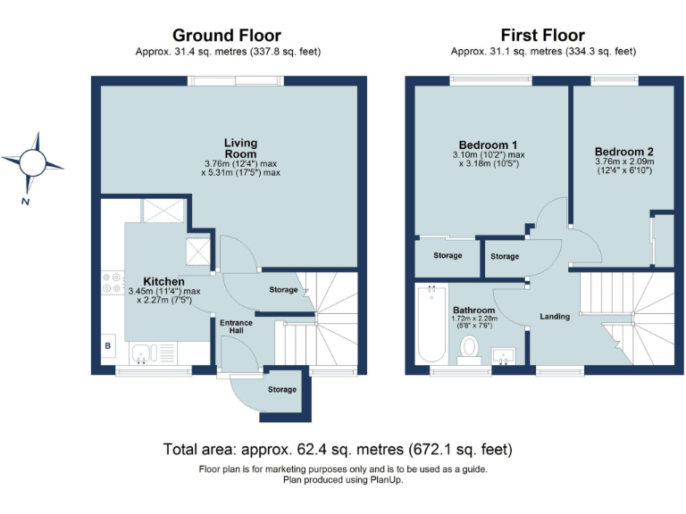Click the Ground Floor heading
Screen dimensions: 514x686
227,36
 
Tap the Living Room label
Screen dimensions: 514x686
240,148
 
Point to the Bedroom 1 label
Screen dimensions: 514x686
488,145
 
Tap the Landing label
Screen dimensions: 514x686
555,316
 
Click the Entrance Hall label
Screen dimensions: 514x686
236,326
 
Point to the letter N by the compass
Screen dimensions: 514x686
26,203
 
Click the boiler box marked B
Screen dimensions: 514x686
109,345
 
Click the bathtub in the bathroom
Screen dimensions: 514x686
431,326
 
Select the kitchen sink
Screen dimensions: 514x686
145,355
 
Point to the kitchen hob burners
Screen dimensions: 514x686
113,283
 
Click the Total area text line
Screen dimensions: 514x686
338,448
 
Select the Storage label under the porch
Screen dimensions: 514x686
282,390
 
